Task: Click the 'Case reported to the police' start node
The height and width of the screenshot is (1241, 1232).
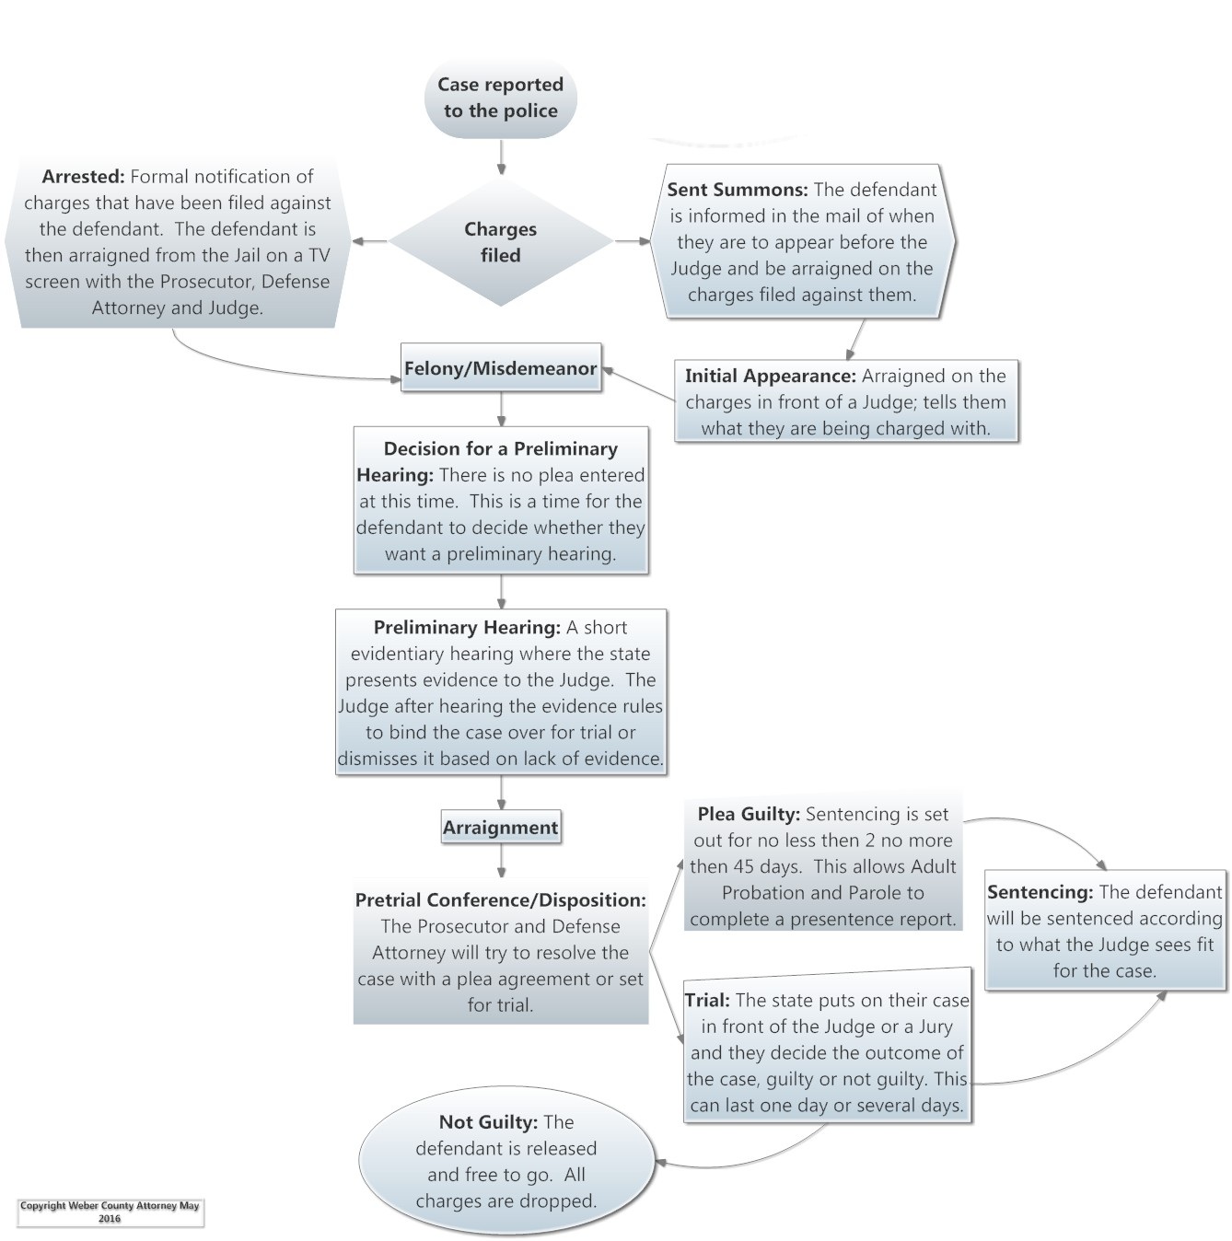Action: pos(500,98)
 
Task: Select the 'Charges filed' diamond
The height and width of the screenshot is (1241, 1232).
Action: pos(500,241)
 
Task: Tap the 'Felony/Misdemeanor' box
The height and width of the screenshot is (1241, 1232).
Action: pos(500,368)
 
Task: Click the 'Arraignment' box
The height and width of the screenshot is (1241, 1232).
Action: pos(500,828)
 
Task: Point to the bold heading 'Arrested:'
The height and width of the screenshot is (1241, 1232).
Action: pos(83,177)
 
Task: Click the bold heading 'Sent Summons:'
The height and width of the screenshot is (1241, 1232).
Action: pos(737,190)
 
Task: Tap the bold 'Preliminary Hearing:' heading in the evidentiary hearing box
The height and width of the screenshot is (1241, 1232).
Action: pos(467,628)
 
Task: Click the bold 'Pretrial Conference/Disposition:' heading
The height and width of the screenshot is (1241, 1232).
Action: pos(500,900)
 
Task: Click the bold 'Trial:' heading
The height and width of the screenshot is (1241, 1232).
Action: pos(707,1001)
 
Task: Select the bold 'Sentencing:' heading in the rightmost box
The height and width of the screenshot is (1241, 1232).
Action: pos(1040,892)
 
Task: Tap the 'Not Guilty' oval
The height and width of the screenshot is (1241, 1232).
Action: pos(506,1161)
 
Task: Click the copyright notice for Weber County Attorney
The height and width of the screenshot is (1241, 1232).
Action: pos(110,1212)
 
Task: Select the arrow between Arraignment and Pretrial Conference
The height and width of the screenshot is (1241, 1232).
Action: pos(501,862)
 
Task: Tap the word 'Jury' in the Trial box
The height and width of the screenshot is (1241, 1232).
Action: pos(935,1026)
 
